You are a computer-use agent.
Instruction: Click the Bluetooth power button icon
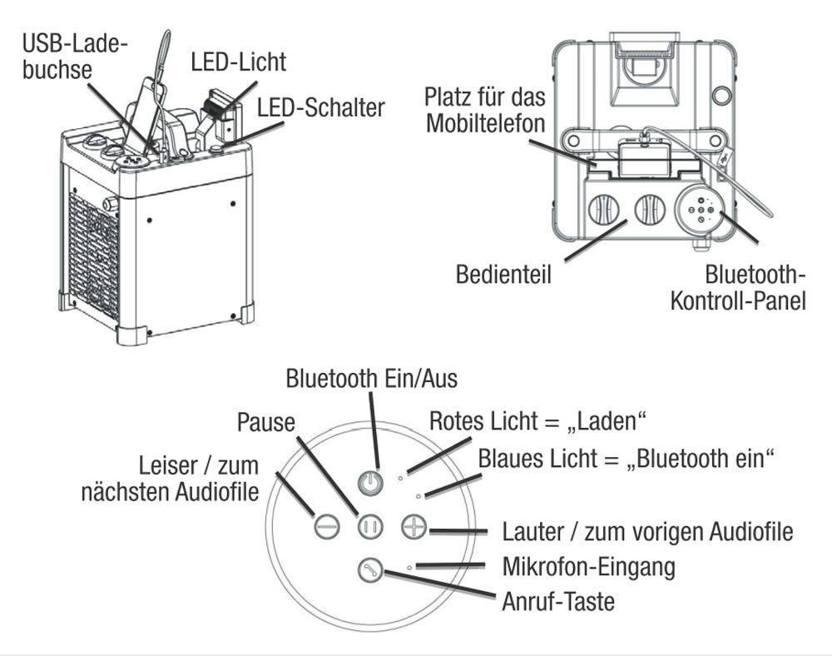point(372,482)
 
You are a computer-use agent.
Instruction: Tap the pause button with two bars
point(370,527)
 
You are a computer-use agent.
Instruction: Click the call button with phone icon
point(368,571)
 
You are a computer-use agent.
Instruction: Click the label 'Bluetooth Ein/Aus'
point(371,379)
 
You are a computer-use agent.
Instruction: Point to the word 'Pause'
point(265,422)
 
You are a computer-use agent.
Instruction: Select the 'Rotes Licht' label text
point(537,420)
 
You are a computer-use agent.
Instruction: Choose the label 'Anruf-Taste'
point(558,601)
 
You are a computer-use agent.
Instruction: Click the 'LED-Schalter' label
point(320,107)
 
